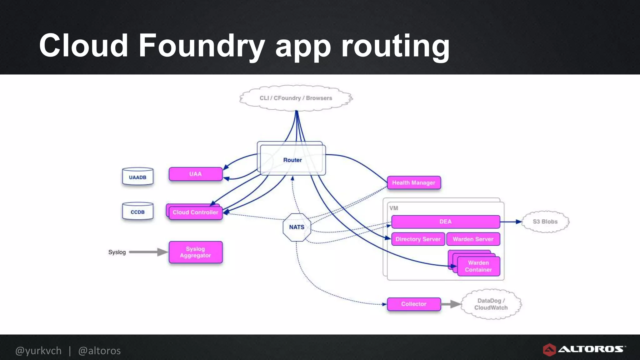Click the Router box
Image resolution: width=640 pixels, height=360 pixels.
click(292, 160)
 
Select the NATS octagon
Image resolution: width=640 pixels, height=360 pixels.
click(297, 227)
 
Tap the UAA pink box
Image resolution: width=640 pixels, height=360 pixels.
click(195, 174)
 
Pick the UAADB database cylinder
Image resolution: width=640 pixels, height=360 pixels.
click(137, 177)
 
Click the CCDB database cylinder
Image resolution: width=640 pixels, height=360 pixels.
click(137, 212)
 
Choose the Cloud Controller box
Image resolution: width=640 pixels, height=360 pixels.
click(195, 212)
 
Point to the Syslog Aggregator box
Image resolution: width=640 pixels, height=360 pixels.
click(195, 252)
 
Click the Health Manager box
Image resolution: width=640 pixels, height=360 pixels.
click(413, 183)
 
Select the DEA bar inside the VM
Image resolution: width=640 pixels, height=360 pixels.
click(445, 222)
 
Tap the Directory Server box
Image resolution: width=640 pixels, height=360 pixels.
click(418, 239)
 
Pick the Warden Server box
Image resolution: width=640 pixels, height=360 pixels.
click(473, 239)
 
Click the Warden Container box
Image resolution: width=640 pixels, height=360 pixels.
click(478, 266)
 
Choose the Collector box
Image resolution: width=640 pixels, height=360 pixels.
click(413, 304)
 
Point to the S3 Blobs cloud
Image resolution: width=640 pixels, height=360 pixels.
click(545, 222)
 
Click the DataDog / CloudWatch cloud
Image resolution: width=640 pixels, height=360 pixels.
click(491, 304)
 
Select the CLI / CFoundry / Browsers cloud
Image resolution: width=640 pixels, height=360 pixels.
click(296, 98)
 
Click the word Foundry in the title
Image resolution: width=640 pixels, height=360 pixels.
click(201, 46)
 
